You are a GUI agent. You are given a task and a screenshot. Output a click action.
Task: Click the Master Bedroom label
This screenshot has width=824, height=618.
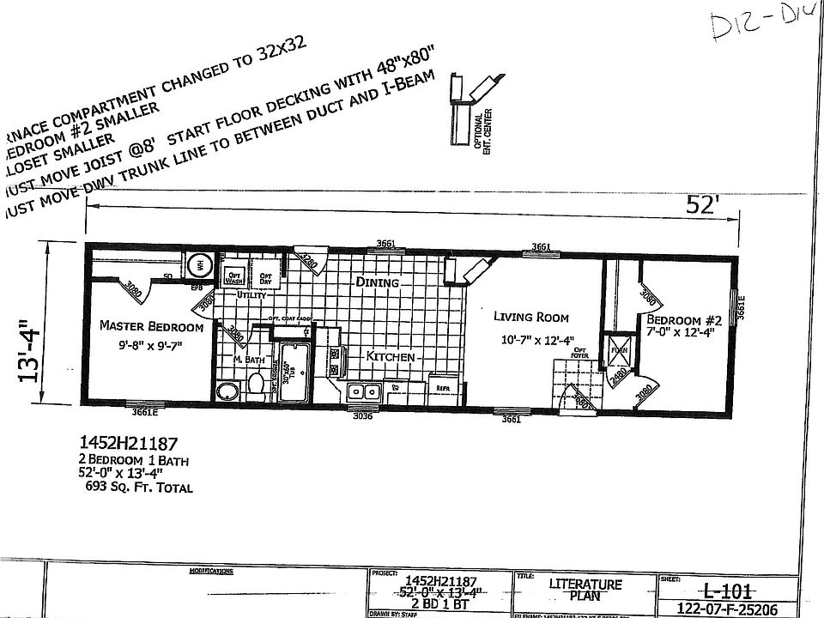(x=151, y=326)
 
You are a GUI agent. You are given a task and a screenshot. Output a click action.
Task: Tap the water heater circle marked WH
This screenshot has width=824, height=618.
(x=196, y=264)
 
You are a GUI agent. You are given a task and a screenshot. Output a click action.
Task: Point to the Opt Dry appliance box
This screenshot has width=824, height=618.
(x=265, y=277)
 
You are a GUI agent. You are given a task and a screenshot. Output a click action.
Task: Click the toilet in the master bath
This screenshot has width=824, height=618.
(x=255, y=387)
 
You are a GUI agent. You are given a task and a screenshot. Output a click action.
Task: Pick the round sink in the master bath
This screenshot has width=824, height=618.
(x=227, y=392)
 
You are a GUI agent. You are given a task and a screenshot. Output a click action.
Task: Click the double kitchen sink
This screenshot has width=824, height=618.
(x=362, y=392)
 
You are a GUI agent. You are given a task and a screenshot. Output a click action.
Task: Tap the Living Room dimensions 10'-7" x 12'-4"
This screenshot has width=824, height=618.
(x=528, y=340)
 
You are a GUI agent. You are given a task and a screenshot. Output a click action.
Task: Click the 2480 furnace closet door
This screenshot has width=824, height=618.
(x=617, y=379)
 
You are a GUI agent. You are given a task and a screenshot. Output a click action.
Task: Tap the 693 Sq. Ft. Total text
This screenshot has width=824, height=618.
(x=136, y=488)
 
